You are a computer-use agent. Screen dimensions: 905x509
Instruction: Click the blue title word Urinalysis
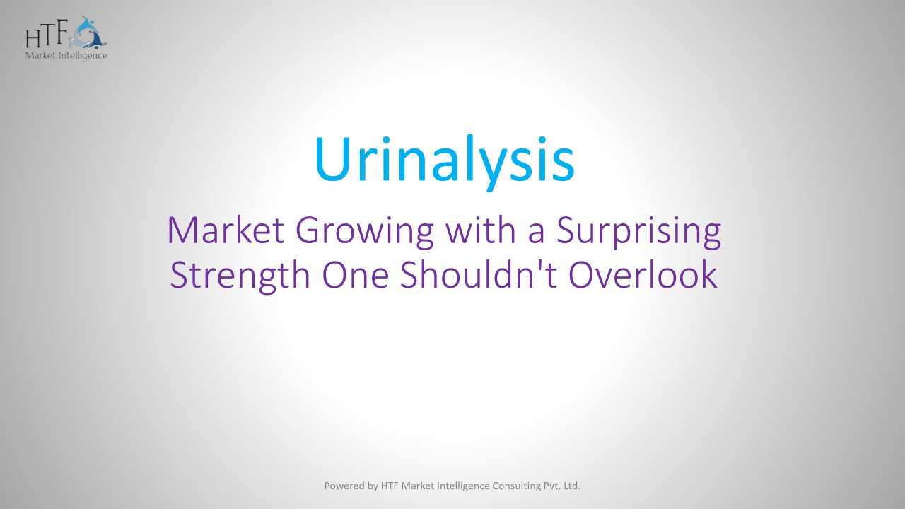[x=445, y=162]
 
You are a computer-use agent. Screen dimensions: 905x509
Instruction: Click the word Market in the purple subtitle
[x=226, y=230]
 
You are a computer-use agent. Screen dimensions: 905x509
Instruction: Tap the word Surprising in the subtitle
[x=638, y=233]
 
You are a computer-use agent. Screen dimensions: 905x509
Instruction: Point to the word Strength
[x=240, y=276]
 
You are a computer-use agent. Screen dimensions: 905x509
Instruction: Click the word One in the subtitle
[x=356, y=276]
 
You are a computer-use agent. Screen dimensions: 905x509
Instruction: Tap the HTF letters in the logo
[x=45, y=35]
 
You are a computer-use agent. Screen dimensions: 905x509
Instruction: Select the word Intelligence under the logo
[x=83, y=56]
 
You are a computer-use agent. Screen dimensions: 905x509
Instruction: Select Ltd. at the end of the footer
[x=572, y=486]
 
